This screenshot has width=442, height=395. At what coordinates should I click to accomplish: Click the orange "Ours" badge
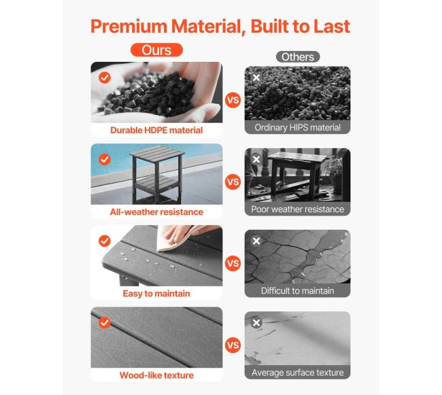click(x=156, y=50)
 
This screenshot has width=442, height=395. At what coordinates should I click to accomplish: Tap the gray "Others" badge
click(x=298, y=57)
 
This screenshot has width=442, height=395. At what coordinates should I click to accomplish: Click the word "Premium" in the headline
click(x=129, y=27)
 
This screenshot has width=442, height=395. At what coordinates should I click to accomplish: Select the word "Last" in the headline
click(x=332, y=27)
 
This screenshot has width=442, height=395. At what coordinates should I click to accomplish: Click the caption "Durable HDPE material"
click(x=156, y=130)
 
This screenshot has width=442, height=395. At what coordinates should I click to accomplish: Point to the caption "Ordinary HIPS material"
click(x=298, y=127)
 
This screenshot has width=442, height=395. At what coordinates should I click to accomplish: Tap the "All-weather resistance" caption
click(x=156, y=212)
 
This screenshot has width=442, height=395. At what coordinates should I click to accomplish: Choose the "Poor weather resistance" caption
click(x=298, y=209)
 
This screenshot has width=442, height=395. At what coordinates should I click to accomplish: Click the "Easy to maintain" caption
click(x=156, y=294)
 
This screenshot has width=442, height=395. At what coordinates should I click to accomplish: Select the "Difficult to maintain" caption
click(x=298, y=291)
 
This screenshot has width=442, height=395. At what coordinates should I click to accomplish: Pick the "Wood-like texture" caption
click(x=156, y=375)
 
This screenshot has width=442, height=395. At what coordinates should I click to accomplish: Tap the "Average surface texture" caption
click(x=298, y=373)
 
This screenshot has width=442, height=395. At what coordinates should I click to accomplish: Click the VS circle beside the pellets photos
click(x=233, y=100)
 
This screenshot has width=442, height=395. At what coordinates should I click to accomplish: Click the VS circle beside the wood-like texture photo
click(x=233, y=345)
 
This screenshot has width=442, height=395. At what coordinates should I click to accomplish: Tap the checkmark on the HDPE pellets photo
click(x=105, y=78)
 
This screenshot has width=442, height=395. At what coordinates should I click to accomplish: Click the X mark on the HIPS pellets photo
click(x=256, y=78)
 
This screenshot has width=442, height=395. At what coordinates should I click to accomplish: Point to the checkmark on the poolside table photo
click(x=105, y=159)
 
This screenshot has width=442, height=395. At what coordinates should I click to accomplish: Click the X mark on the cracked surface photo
click(x=256, y=241)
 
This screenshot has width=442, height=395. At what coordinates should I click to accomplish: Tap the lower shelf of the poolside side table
click(x=156, y=184)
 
